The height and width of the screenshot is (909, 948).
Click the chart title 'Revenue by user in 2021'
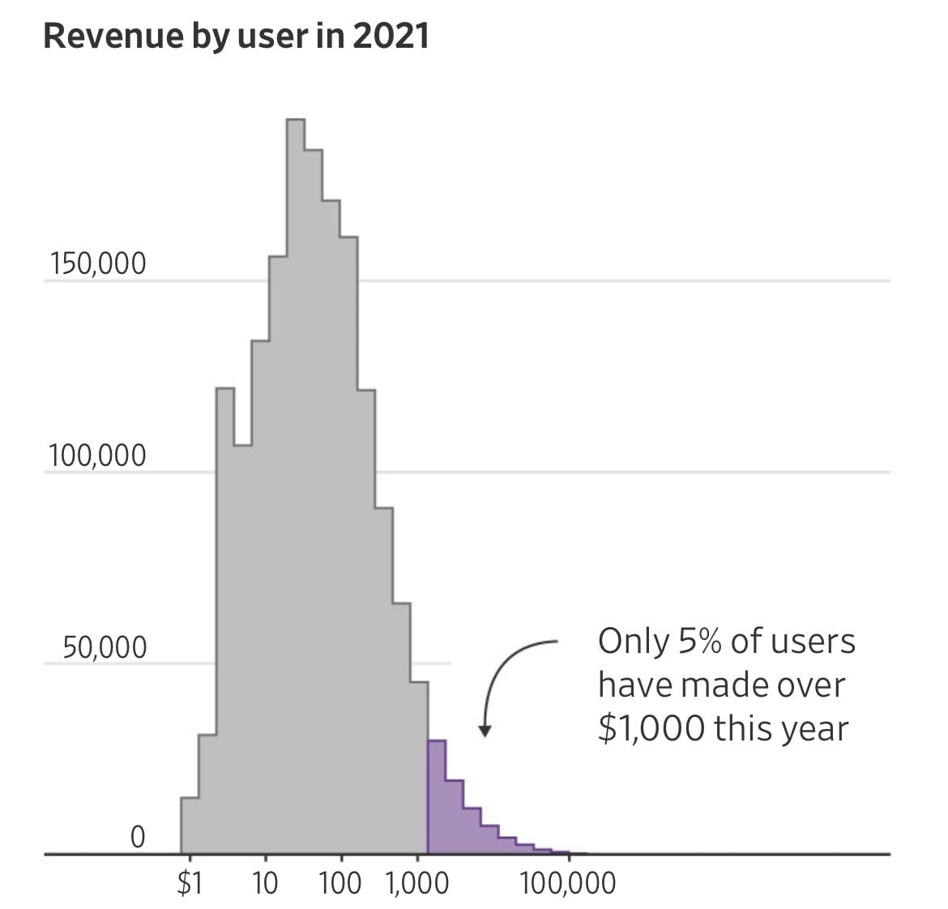236,37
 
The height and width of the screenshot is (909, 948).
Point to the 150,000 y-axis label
97,264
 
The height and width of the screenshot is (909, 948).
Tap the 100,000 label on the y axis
97,457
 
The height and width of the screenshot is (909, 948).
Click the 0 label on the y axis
138,837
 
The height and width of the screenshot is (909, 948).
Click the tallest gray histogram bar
296,486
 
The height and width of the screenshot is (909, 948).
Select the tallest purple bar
437,798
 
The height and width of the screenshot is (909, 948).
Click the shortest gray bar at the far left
190,826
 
